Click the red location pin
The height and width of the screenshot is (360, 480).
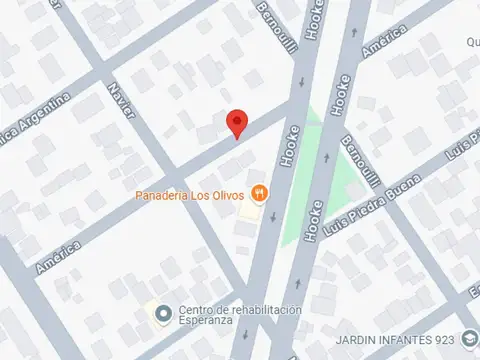click(x=237, y=122)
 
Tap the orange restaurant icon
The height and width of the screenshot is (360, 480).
click(x=259, y=192)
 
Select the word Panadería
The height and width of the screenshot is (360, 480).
click(x=162, y=194)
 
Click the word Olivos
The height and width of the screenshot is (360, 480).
click(x=226, y=194)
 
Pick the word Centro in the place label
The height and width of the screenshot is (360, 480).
click(x=197, y=310)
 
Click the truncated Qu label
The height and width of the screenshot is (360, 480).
click(x=472, y=44)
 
